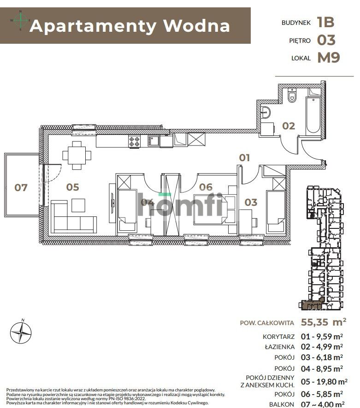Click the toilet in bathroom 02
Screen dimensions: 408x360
291,96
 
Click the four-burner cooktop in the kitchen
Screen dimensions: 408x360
134,142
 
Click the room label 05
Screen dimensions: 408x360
72,187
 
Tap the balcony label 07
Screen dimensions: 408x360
21,187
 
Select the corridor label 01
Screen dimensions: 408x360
244,158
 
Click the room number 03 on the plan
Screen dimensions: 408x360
251,202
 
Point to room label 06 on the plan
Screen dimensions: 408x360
206,187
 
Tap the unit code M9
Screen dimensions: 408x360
328,58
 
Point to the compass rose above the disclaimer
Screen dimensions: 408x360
21,330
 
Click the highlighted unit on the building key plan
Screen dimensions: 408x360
313,304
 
